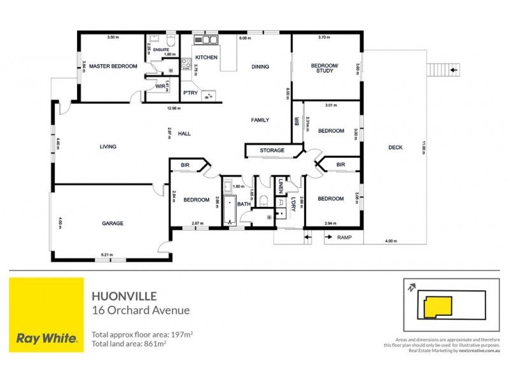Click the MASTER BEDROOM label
click(x=113, y=66)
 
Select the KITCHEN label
click(x=211, y=57)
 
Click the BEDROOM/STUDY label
click(x=324, y=68)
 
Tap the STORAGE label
click(x=272, y=151)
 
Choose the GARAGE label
click(x=113, y=223)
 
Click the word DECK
click(x=395, y=148)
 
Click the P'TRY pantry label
click(x=190, y=93)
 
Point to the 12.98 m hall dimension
click(x=170, y=108)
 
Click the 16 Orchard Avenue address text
click(x=141, y=311)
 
